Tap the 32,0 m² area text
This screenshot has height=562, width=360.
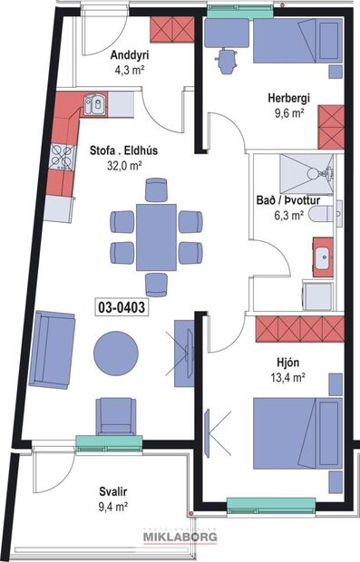[x=125, y=166]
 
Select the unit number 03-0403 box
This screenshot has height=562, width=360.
[x=121, y=306]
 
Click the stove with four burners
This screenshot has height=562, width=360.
[x=62, y=158]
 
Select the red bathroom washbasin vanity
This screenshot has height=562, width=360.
[x=323, y=257]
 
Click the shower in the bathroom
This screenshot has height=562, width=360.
[x=306, y=171]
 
